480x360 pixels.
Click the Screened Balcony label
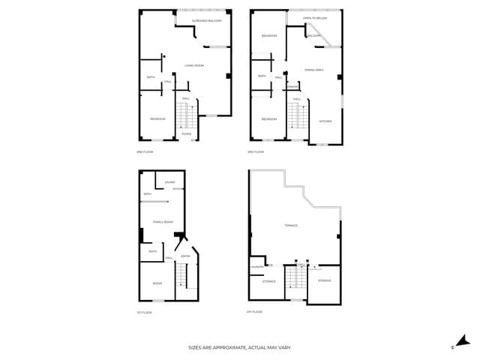pos(207,20)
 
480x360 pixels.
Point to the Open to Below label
pos(314,17)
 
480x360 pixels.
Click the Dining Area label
pos(313,70)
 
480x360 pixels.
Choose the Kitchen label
pos(325,121)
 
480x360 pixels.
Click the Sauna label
pos(169,182)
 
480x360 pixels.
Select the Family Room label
pos(163,222)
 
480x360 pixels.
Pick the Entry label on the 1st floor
pos(185,256)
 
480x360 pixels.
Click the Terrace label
pos(290,226)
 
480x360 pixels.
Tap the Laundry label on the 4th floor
pos(255,266)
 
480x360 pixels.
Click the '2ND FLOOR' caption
pos(145,152)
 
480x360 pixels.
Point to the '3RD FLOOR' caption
pos(256,152)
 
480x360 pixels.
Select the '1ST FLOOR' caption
pos(145,312)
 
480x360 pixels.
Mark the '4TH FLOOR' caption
pos(255,311)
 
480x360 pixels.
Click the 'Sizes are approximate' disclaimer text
pos(239,348)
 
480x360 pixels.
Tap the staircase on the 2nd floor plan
pos(185,115)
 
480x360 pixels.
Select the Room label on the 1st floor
pos(157,283)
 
